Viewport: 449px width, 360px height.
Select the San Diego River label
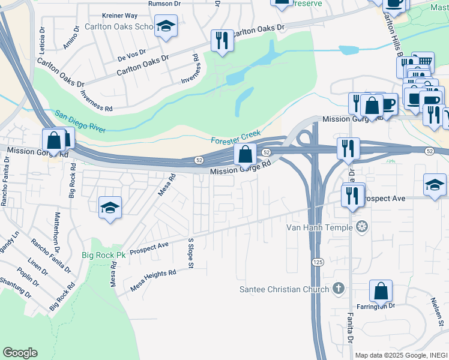click(x=80, y=122)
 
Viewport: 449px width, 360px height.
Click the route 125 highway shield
click(x=318, y=262)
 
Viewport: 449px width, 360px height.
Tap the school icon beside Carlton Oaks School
click(x=166, y=26)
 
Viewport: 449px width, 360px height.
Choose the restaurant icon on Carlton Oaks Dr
click(x=222, y=41)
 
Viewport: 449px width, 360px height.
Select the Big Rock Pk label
click(x=104, y=256)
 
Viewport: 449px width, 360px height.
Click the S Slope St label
click(x=191, y=250)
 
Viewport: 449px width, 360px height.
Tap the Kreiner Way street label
click(x=119, y=15)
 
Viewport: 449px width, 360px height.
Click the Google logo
click(x=20, y=353)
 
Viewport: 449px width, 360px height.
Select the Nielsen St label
click(x=436, y=309)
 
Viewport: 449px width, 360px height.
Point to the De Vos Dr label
click(x=132, y=56)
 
